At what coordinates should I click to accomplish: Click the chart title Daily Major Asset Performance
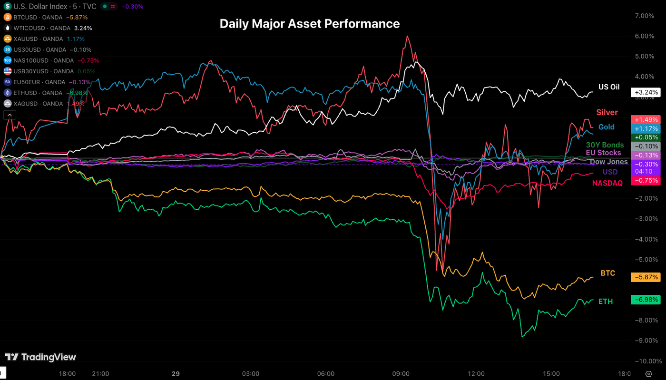(309, 24)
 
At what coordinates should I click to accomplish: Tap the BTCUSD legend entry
(33, 17)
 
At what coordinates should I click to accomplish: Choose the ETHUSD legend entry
(33, 93)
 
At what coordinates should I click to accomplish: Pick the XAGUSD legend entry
(34, 104)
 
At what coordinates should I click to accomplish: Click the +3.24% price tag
(645, 93)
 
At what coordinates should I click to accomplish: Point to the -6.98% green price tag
(645, 300)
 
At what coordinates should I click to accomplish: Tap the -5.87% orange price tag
(645, 277)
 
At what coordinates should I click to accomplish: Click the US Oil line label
(609, 87)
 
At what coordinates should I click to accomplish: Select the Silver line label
(607, 112)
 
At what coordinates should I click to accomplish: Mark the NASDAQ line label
(608, 183)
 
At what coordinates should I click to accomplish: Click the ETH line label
(606, 302)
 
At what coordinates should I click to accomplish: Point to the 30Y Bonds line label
(605, 145)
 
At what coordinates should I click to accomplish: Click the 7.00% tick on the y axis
(645, 16)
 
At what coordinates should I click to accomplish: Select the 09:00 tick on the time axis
(401, 374)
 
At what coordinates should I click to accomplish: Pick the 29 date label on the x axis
(176, 374)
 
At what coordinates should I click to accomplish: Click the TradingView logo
(40, 357)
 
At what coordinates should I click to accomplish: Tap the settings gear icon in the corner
(648, 374)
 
